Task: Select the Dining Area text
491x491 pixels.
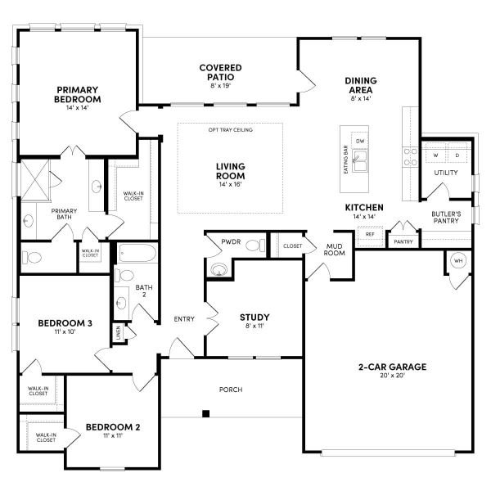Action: (x=360, y=85)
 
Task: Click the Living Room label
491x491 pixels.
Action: (x=231, y=171)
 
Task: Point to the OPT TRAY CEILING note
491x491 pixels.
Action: (x=231, y=129)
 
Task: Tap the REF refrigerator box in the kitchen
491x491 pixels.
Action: (x=369, y=234)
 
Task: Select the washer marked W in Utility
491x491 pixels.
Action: (x=435, y=155)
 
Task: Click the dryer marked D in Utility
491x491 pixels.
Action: (x=457, y=155)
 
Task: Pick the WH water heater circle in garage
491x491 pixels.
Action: (x=457, y=262)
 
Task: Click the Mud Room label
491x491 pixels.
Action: (x=335, y=249)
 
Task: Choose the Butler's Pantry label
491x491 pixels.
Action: (x=447, y=218)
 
